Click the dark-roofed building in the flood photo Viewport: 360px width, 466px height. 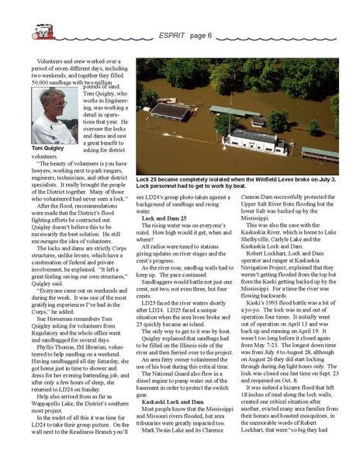tap(172, 110)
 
